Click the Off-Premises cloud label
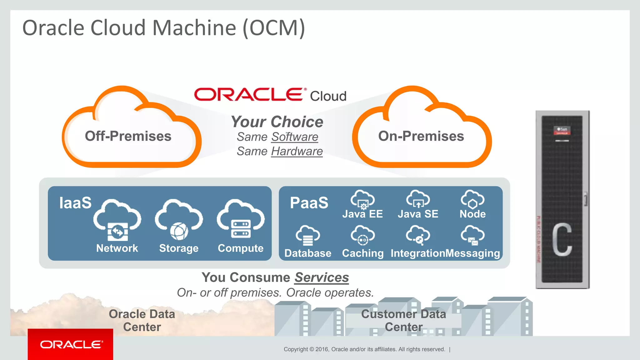[x=128, y=136]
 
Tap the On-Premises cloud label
[x=421, y=136]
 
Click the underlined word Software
[x=295, y=137]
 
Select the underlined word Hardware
[x=297, y=151]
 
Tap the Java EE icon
[x=362, y=200]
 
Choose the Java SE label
[x=418, y=214]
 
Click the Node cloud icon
[x=472, y=199]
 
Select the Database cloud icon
[x=308, y=236]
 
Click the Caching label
[x=362, y=253]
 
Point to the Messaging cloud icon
[x=473, y=236]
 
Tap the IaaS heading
[x=75, y=203]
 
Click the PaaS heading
[x=309, y=203]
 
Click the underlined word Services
[x=322, y=277]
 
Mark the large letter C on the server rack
[x=562, y=239]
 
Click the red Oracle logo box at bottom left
[x=70, y=344]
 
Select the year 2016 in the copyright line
[x=322, y=349]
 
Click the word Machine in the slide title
[x=194, y=28]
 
